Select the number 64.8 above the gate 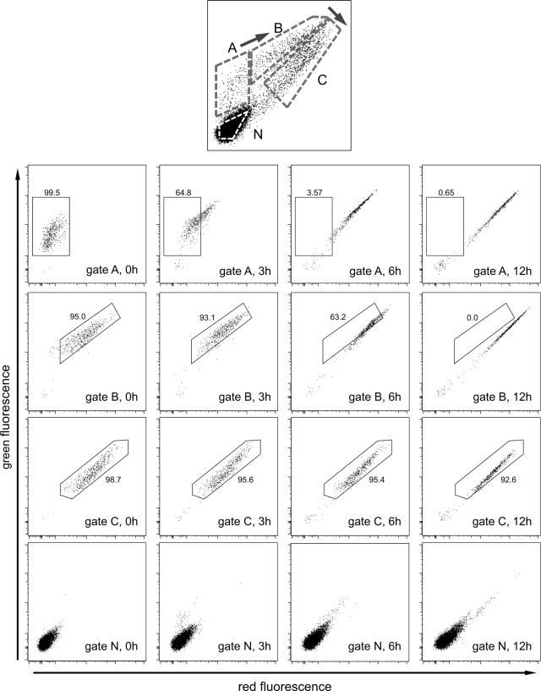pyautogui.click(x=183, y=193)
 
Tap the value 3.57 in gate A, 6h pyautogui.click(x=314, y=193)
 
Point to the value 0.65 pyautogui.click(x=446, y=193)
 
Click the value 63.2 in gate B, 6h pyautogui.click(x=338, y=317)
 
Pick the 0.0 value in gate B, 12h pyautogui.click(x=473, y=317)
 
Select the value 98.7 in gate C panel pyautogui.click(x=112, y=480)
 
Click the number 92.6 pyautogui.click(x=508, y=480)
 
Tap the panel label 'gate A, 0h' pyautogui.click(x=112, y=270)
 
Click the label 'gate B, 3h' pyautogui.click(x=244, y=397)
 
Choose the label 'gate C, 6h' pyautogui.click(x=374, y=522)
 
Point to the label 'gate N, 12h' pyautogui.click(x=502, y=646)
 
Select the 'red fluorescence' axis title pyautogui.click(x=285, y=686)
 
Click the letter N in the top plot pyautogui.click(x=258, y=134)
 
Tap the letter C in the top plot pyautogui.click(x=322, y=80)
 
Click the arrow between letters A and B pyautogui.click(x=254, y=39)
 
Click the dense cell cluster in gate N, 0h pyautogui.click(x=46, y=642)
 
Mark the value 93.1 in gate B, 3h pyautogui.click(x=206, y=317)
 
